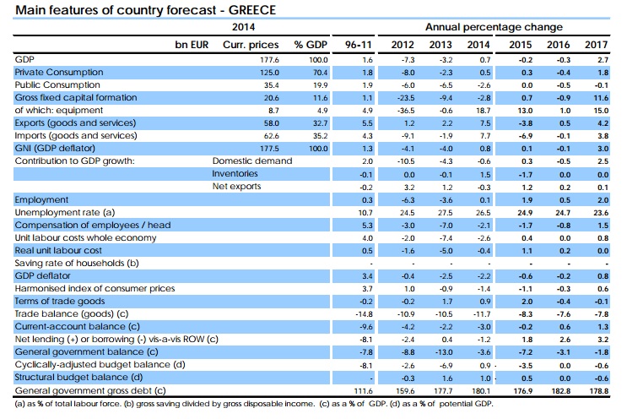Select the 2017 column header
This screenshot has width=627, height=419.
(597, 43)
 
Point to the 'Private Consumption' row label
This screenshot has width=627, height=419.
(59, 73)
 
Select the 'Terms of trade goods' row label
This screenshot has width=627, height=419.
(61, 301)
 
